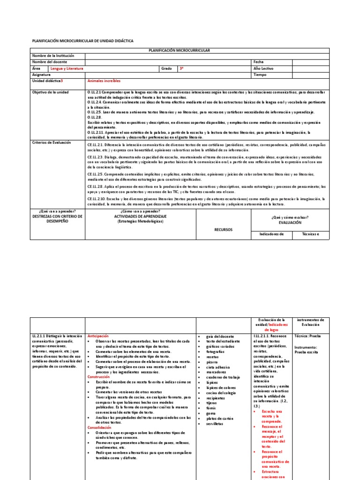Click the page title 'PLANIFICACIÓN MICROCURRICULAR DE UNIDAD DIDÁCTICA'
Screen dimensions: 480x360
tap(82, 41)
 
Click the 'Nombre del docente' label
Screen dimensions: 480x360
tap(49, 62)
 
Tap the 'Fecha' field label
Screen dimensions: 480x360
tap(259, 62)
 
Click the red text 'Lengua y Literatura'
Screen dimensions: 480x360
tap(67, 68)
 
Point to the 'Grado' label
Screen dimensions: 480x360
tap(166, 68)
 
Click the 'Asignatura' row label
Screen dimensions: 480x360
tap(41, 74)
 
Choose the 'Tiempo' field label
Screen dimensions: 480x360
tap(260, 74)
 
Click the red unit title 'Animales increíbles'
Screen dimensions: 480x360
tap(104, 81)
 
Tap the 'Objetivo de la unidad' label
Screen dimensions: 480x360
tap(50, 92)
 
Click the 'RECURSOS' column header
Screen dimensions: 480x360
tap(223, 230)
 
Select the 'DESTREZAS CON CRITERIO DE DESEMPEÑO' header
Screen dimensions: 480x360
tap(57, 219)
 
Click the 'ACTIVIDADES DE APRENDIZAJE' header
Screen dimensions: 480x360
tap(140, 217)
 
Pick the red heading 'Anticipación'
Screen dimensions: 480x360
tap(98, 336)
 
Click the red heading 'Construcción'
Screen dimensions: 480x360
tap(98, 376)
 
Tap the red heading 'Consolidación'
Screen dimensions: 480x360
tap(99, 427)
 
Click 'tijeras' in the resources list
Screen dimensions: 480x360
tap(212, 403)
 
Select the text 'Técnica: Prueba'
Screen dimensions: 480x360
tap(308, 336)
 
